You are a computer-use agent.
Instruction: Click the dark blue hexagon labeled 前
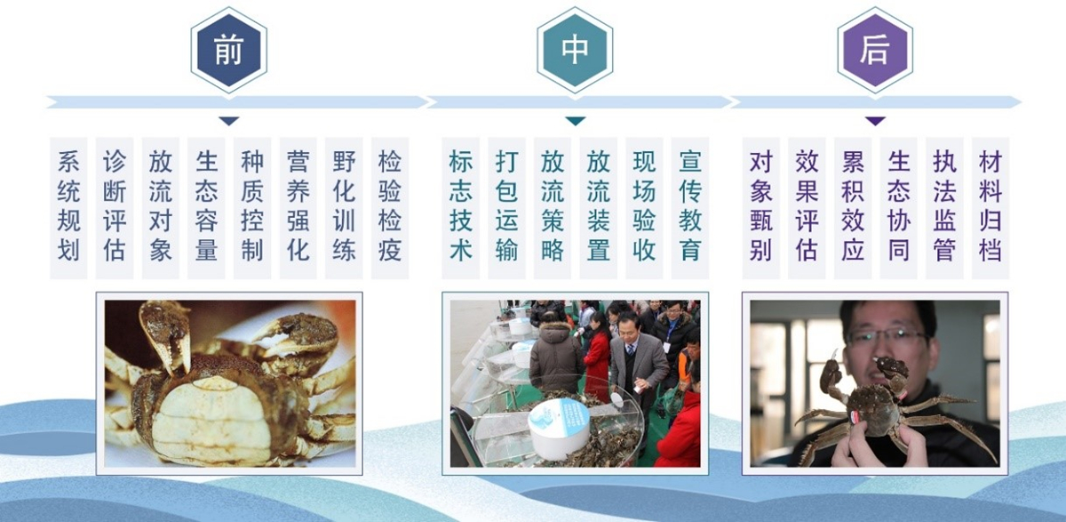tap(229, 50)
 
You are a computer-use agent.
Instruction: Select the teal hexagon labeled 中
tap(575, 50)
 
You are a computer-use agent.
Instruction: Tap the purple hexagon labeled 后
tap(875, 50)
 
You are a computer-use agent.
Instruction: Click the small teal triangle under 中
tap(576, 121)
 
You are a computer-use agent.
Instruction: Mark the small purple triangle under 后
tap(875, 121)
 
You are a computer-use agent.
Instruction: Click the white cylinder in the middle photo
tap(559, 429)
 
